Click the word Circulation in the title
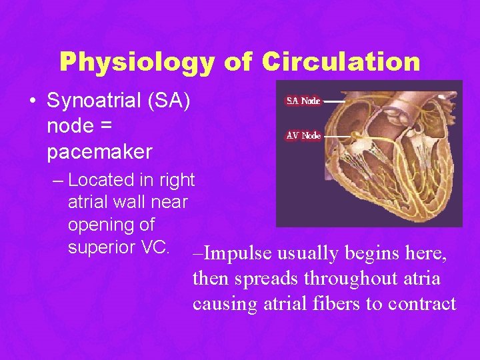(341, 62)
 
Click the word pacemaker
(99, 151)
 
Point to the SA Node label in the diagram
(303, 101)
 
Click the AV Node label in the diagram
(303, 135)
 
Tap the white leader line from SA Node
(333, 101)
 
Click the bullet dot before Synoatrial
(32, 101)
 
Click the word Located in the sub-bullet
(97, 180)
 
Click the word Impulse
(237, 254)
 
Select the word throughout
(336, 279)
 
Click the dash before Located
(58, 181)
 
